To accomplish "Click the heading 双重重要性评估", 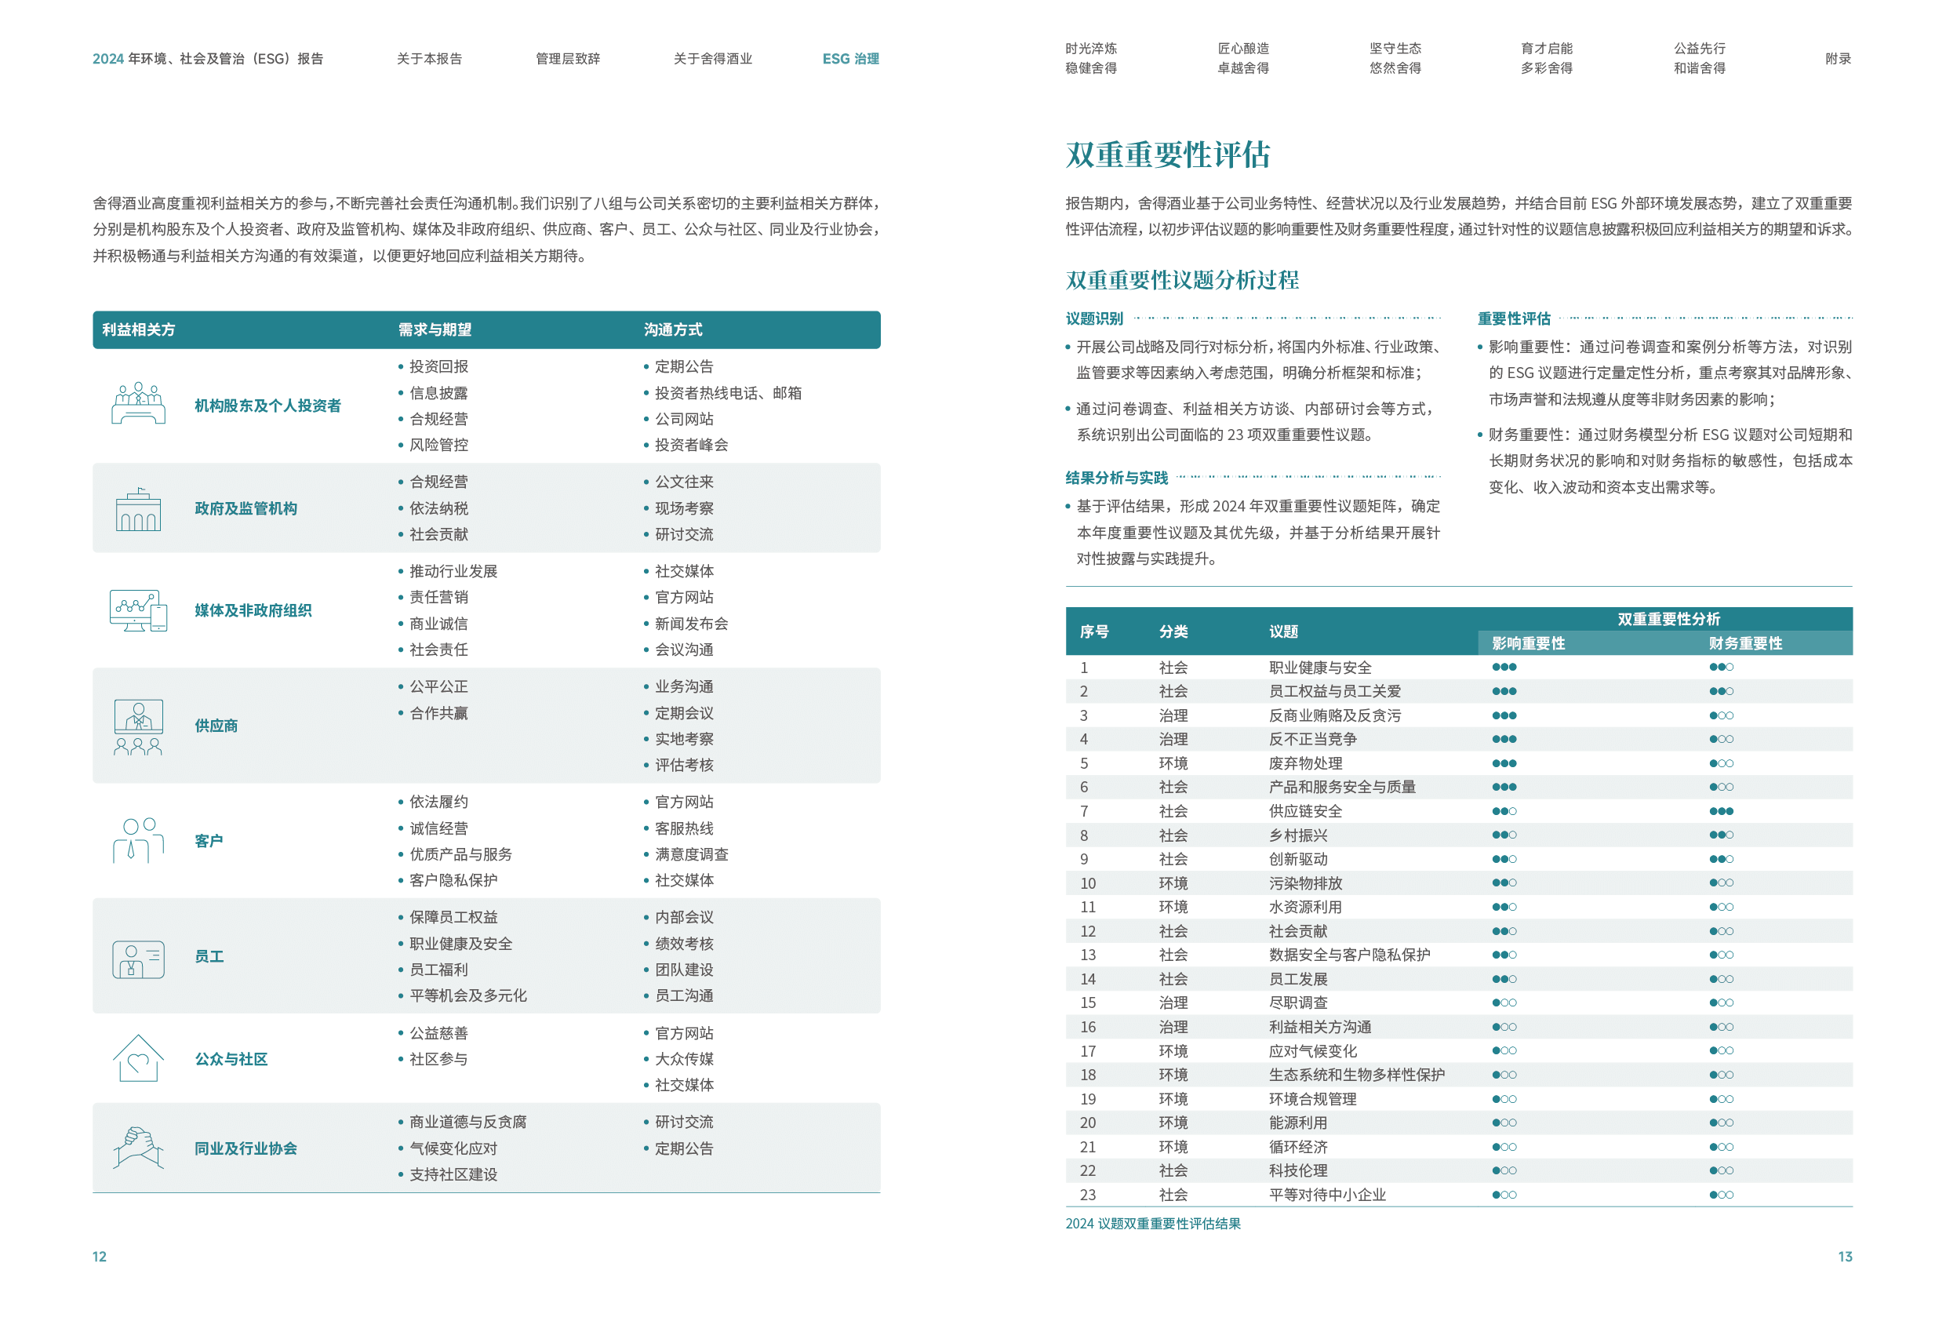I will click(x=1167, y=155).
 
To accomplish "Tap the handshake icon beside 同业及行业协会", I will click(x=138, y=1148).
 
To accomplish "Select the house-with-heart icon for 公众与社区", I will click(x=138, y=1058).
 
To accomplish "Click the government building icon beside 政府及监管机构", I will click(x=138, y=509).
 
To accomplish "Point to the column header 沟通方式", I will click(x=672, y=330).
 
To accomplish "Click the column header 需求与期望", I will click(x=435, y=330).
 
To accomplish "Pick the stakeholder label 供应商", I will click(x=216, y=726).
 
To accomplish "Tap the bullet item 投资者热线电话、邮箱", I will click(x=727, y=393).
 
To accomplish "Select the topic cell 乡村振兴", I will click(x=1298, y=835).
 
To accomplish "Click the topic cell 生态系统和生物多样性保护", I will click(x=1356, y=1075).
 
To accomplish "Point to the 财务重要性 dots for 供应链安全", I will click(x=1721, y=811).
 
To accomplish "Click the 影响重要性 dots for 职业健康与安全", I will click(x=1504, y=668).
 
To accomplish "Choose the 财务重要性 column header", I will click(x=1745, y=643).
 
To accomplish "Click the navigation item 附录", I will click(x=1838, y=59).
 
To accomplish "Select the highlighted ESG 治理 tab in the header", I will click(x=850, y=59).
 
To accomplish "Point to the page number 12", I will click(x=99, y=1257).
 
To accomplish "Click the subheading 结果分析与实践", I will click(x=1116, y=478).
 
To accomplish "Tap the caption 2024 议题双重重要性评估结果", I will click(x=1152, y=1223).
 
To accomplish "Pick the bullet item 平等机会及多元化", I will click(x=467, y=995).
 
